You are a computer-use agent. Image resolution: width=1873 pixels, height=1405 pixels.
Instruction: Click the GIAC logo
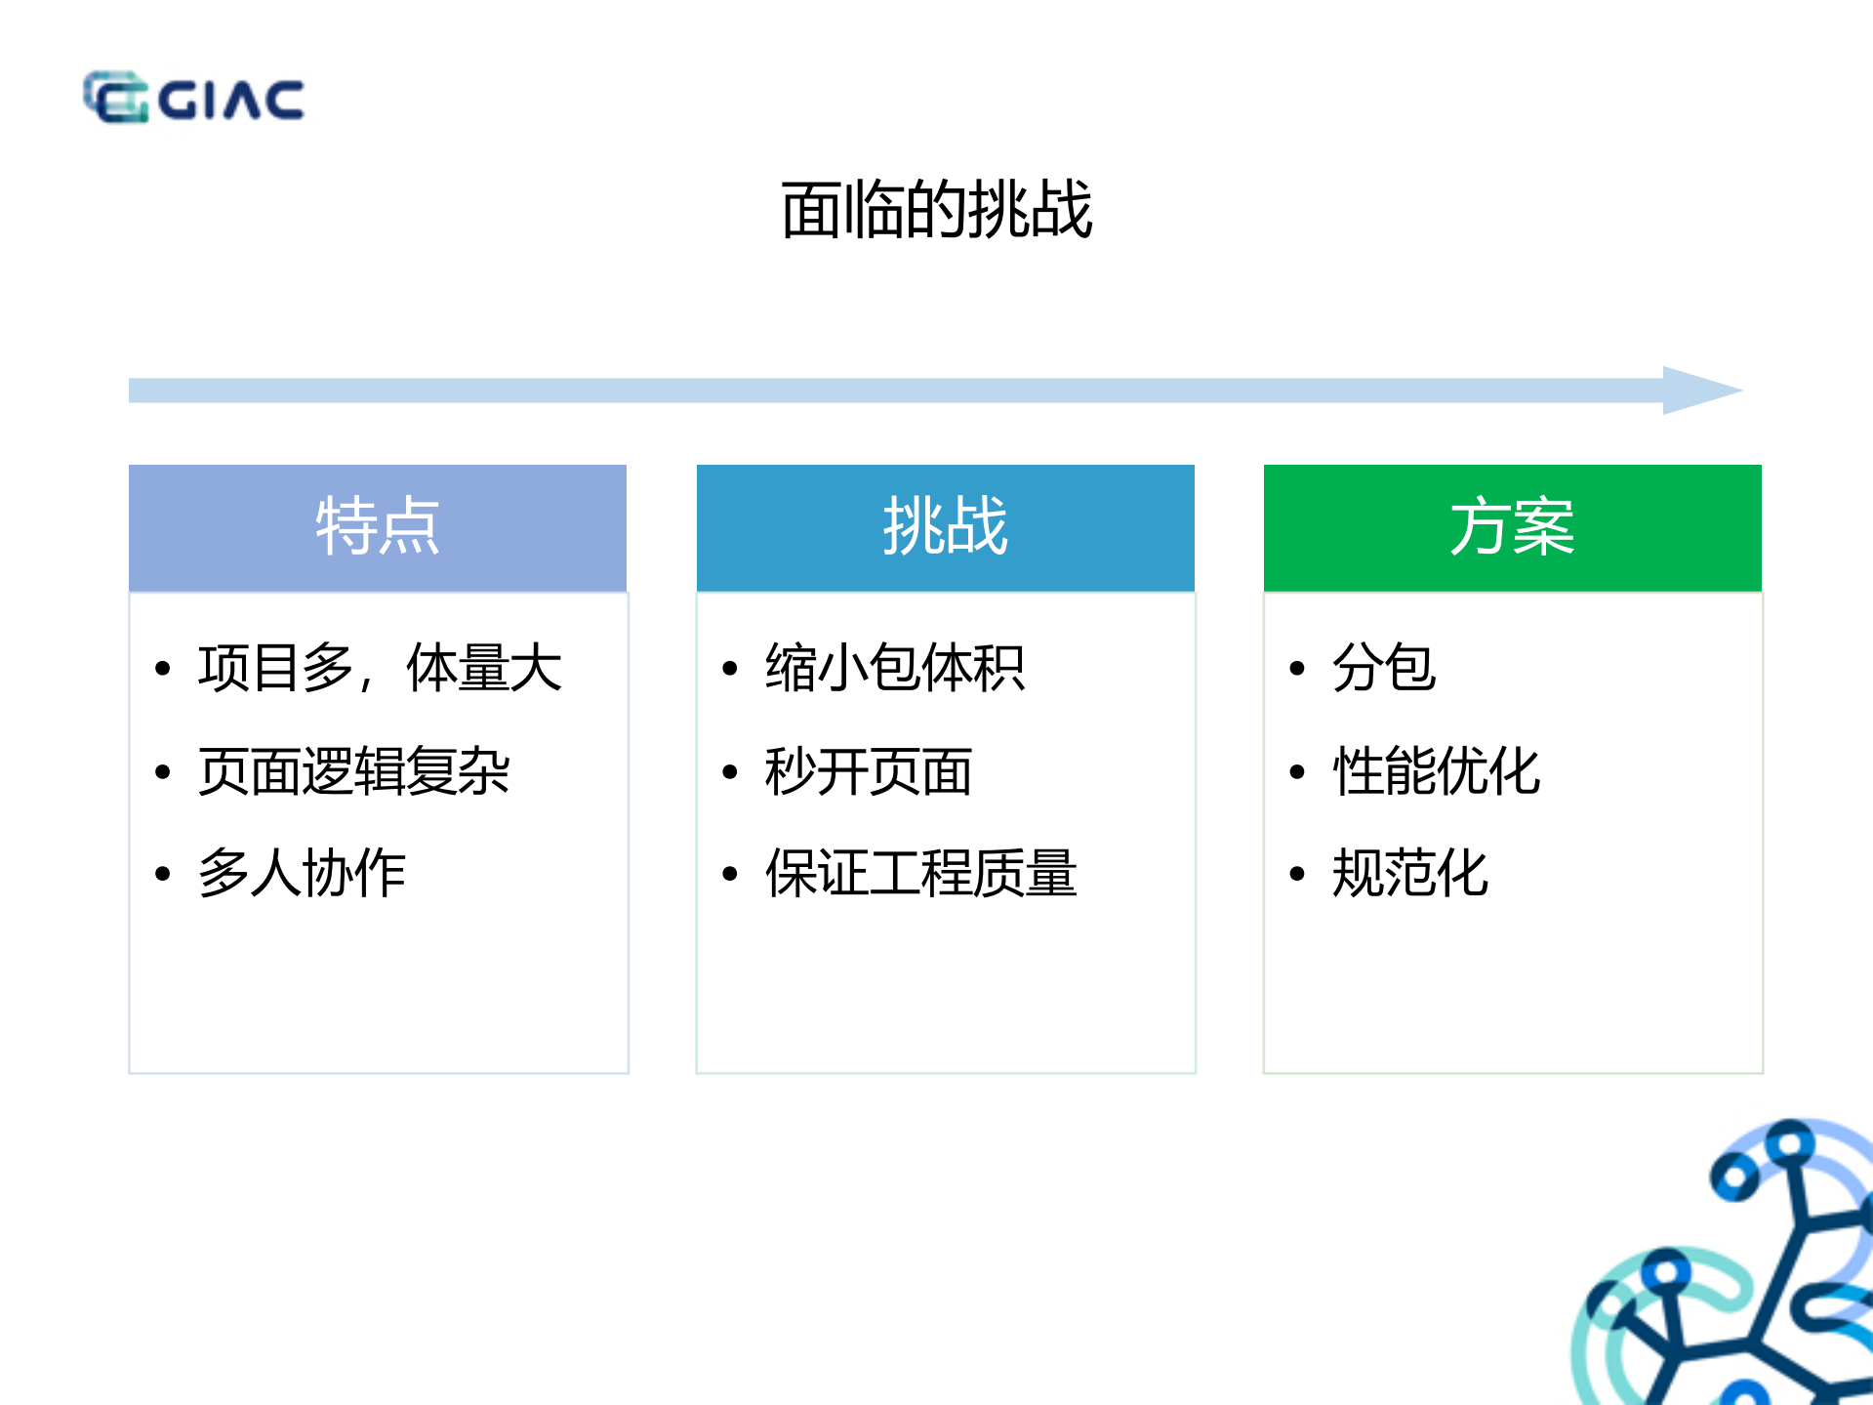click(193, 98)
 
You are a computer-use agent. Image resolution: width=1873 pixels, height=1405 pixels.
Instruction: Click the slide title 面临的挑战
click(936, 210)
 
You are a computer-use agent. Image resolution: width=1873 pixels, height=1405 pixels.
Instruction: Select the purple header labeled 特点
click(378, 527)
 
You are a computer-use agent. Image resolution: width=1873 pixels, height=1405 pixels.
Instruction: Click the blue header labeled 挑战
click(945, 527)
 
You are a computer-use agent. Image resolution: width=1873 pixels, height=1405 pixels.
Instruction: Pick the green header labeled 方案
click(1512, 527)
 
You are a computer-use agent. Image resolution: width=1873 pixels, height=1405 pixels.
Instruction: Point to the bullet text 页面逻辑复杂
click(353, 771)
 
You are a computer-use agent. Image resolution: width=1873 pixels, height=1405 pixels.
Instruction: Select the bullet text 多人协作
click(302, 873)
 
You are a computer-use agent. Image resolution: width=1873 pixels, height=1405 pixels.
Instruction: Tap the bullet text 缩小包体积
click(894, 669)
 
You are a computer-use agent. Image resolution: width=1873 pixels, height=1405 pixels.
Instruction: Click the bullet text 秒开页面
click(868, 771)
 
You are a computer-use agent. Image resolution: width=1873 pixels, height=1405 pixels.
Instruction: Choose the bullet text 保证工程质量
click(920, 873)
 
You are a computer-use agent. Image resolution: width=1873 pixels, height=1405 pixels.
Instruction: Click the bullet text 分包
click(1383, 669)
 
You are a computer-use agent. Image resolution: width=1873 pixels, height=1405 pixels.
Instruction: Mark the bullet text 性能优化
click(1436, 771)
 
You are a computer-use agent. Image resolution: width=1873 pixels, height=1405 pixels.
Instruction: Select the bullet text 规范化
click(1409, 873)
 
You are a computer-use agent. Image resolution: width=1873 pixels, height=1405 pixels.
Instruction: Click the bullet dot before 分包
click(1297, 669)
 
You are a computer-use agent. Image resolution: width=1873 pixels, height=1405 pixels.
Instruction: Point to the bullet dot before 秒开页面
click(730, 772)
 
